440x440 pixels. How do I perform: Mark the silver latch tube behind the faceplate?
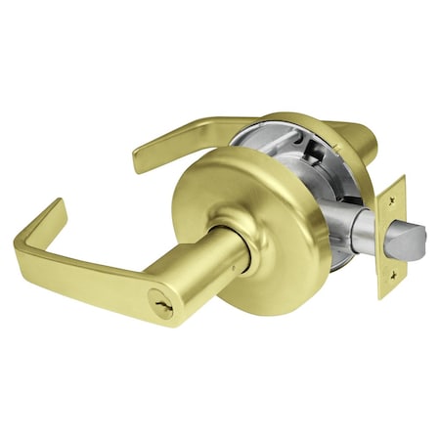tap(364, 230)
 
